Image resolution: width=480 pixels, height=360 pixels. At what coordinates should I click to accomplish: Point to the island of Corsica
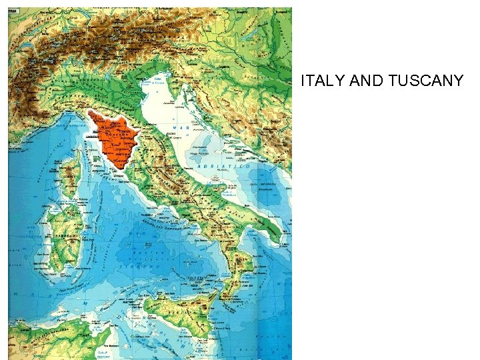pos(70,171)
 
